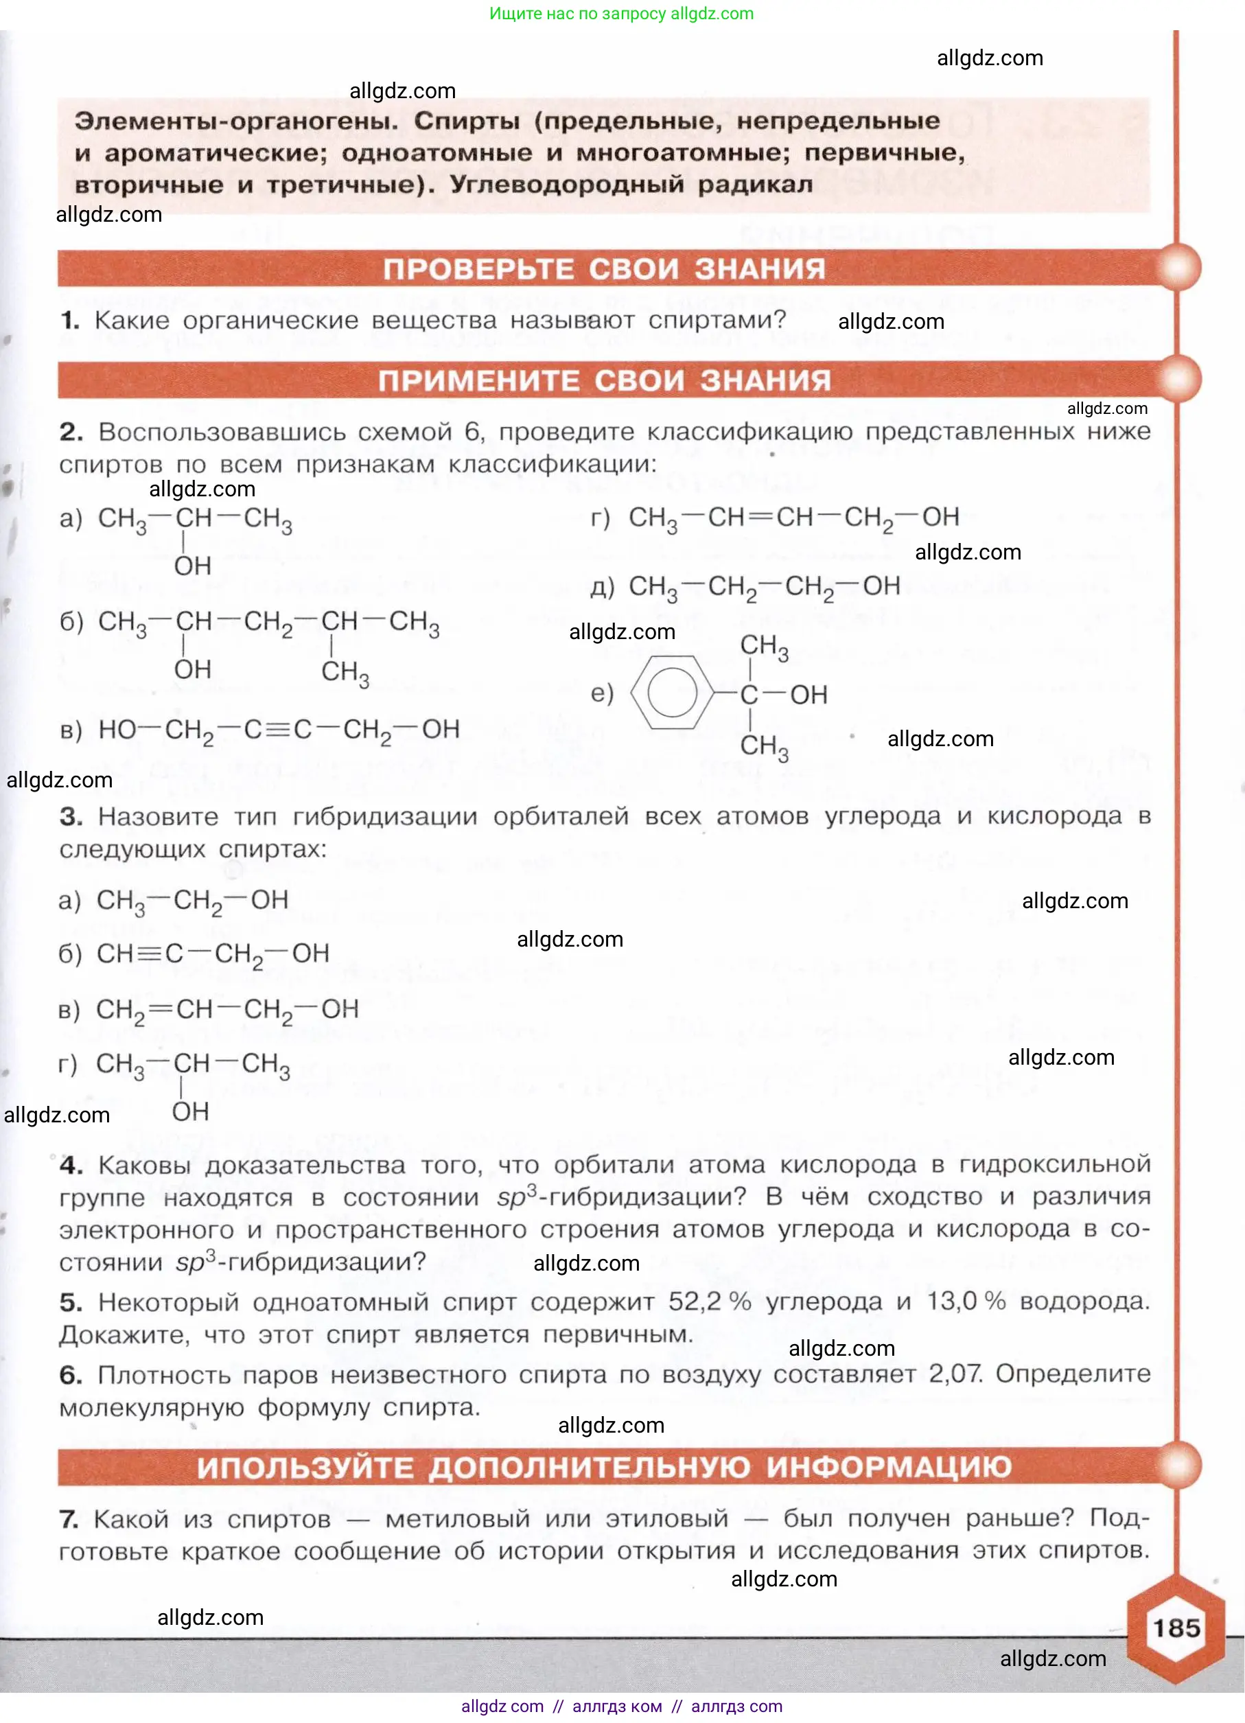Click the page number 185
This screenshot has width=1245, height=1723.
click(x=1176, y=1628)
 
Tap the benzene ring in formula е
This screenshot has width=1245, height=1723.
click(x=672, y=692)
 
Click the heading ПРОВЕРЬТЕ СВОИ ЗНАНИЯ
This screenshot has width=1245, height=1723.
click(x=604, y=269)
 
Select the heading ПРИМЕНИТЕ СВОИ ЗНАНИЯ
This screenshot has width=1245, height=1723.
click(x=604, y=380)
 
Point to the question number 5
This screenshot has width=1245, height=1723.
click(x=71, y=1302)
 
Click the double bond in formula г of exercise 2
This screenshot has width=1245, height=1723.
click(x=760, y=518)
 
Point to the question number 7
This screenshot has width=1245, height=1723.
click(x=69, y=1519)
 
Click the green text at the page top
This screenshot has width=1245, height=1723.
click(x=621, y=14)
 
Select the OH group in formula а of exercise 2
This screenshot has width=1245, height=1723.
click(x=193, y=566)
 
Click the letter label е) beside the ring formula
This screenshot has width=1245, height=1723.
click(x=602, y=693)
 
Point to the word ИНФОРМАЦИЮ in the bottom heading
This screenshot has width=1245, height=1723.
click(x=888, y=1467)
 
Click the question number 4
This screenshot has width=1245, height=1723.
click(x=71, y=1166)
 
